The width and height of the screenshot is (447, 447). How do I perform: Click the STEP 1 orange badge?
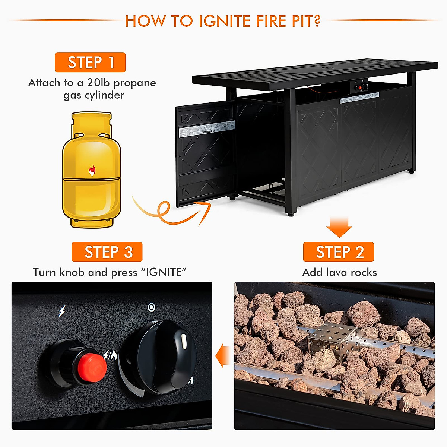[x=90, y=62]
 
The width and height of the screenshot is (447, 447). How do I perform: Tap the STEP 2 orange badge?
[x=338, y=252]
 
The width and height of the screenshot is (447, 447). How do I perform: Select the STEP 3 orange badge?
[x=107, y=252]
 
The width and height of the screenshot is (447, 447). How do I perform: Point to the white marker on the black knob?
[x=184, y=342]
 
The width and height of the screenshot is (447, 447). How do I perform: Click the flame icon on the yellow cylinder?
[x=92, y=171]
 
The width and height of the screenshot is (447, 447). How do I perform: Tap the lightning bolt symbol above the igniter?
[x=62, y=311]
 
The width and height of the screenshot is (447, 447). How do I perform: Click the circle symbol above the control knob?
[x=151, y=307]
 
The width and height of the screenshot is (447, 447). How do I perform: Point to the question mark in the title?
[x=317, y=21]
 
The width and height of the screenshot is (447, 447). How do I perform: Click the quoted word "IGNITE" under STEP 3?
[x=164, y=272]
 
